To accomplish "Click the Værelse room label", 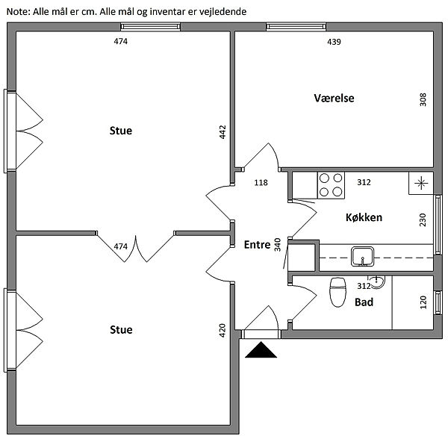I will coord(334,98).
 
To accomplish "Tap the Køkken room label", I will coord(364,218).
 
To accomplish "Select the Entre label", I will coord(257,244).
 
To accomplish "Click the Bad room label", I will coord(364,302).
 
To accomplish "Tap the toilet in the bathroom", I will coord(337,290).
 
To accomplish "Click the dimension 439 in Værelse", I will coord(334,42).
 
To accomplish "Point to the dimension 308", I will coord(423,99).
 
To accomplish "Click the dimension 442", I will coord(223,132).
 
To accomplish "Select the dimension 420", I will coord(223,331).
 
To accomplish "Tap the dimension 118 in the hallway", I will coord(261,183).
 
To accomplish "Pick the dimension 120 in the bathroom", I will coord(423,302).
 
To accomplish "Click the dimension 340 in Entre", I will coord(277,245).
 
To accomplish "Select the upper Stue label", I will coord(120,131).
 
